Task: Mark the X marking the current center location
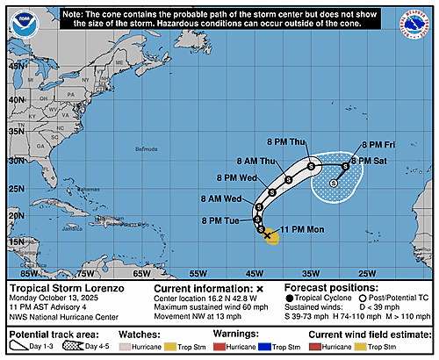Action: click(x=267, y=234)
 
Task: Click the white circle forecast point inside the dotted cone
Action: click(x=334, y=184)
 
